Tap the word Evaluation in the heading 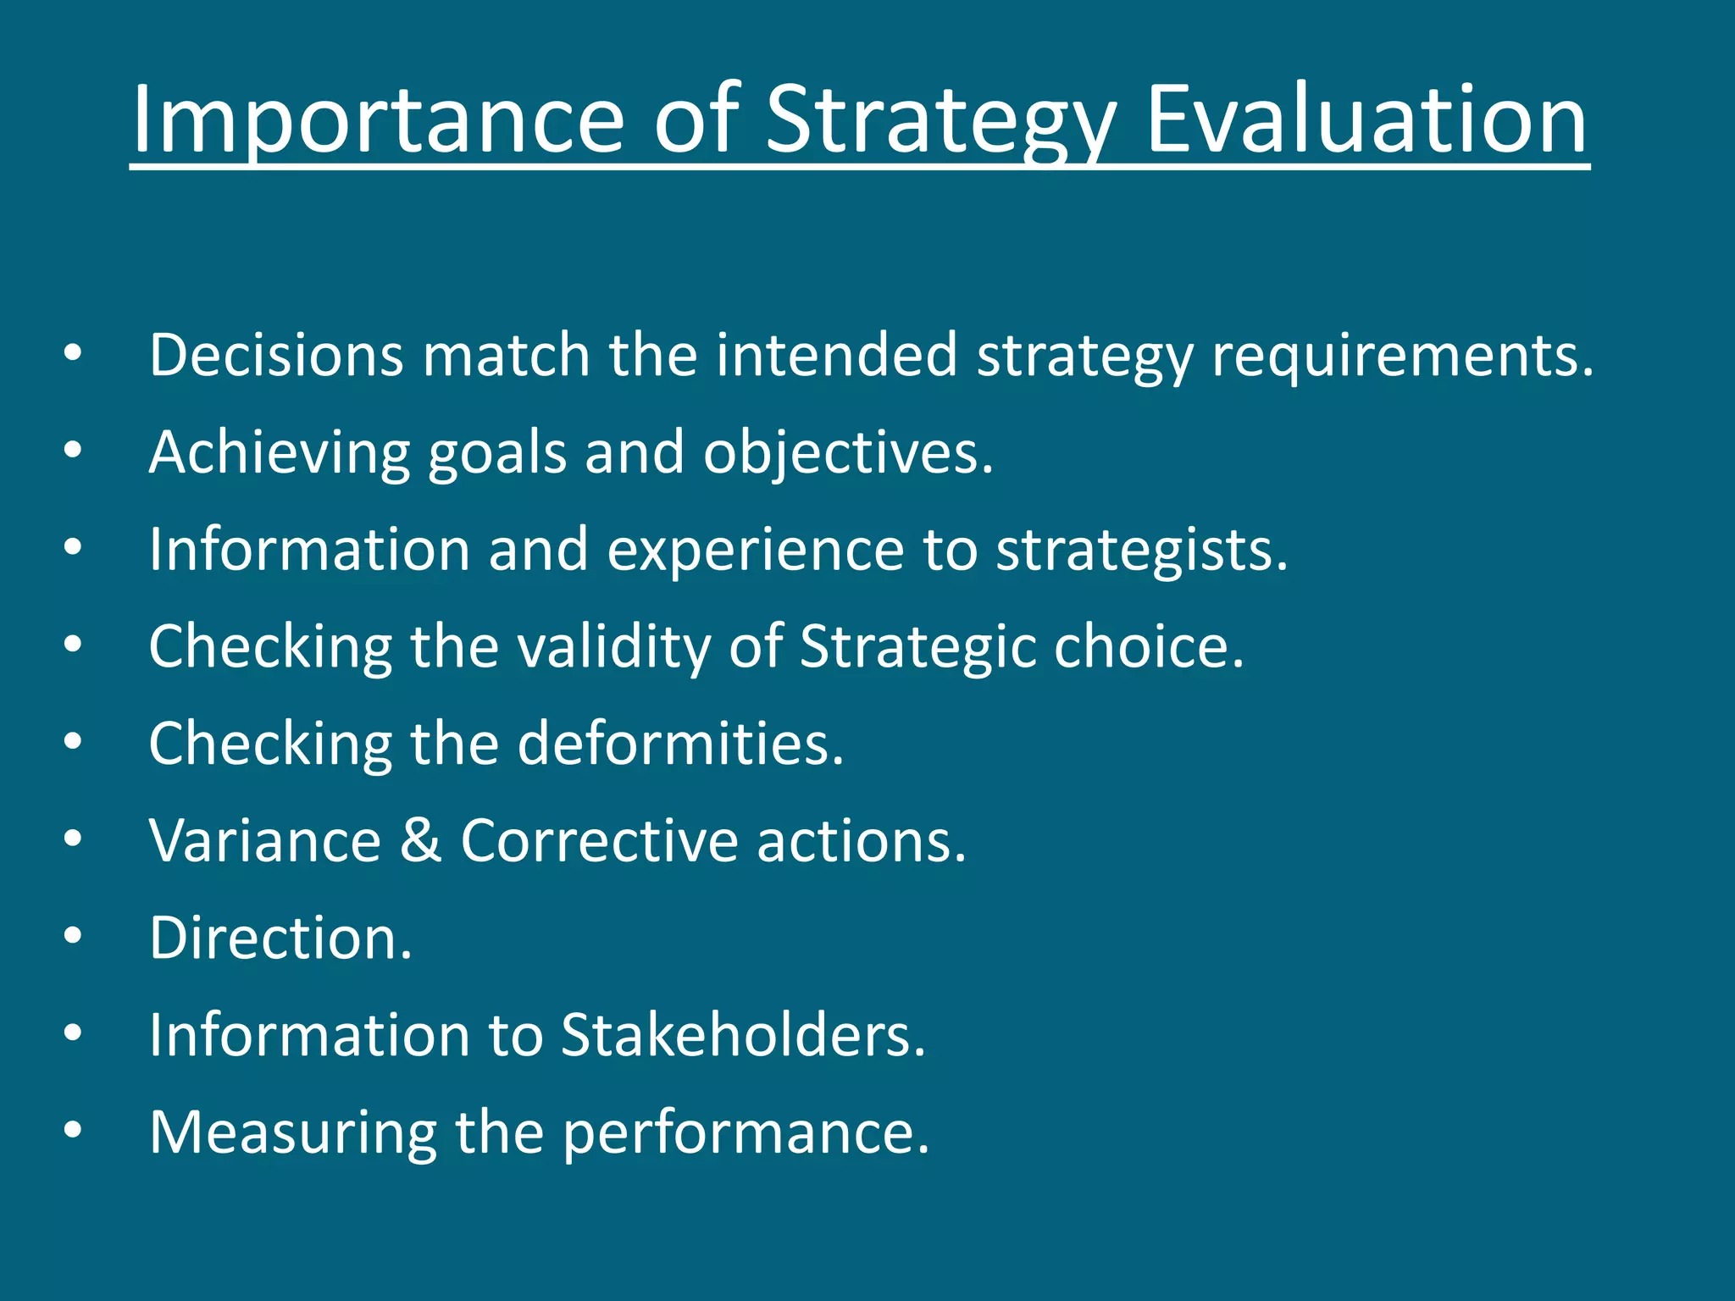click(1366, 120)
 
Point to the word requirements click(1402, 356)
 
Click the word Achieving click(279, 452)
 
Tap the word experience click(756, 551)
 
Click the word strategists click(1141, 551)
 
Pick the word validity click(613, 647)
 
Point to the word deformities click(680, 744)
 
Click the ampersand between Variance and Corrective click(421, 840)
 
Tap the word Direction click(280, 938)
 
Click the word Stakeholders click(743, 1035)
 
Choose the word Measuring click(293, 1133)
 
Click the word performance click(746, 1133)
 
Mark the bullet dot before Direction click(73, 936)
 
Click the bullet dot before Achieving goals click(73, 450)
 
